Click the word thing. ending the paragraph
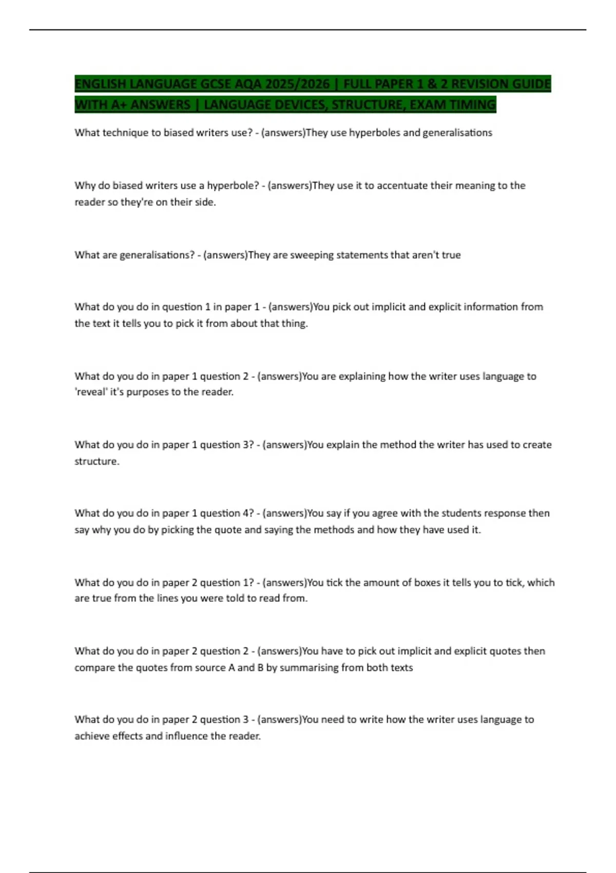tap(294, 324)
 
